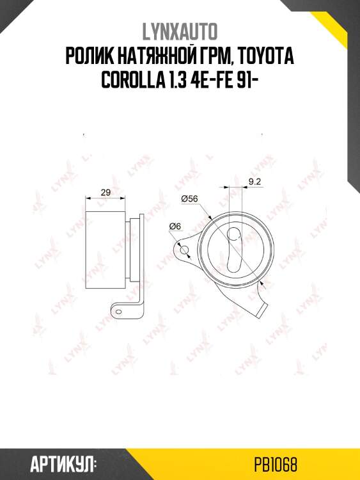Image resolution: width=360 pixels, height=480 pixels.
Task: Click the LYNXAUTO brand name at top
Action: point(180,31)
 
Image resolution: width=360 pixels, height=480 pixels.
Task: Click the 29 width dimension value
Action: point(106,193)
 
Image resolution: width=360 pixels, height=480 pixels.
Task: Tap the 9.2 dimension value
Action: point(254,182)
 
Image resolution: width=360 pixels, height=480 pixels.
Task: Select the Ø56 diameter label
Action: point(190,198)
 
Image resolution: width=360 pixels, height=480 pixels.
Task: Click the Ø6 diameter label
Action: point(175,226)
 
